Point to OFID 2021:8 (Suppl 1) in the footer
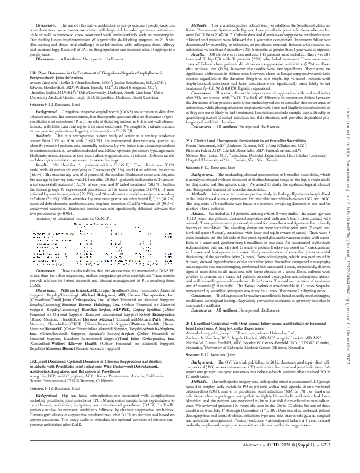299,462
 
